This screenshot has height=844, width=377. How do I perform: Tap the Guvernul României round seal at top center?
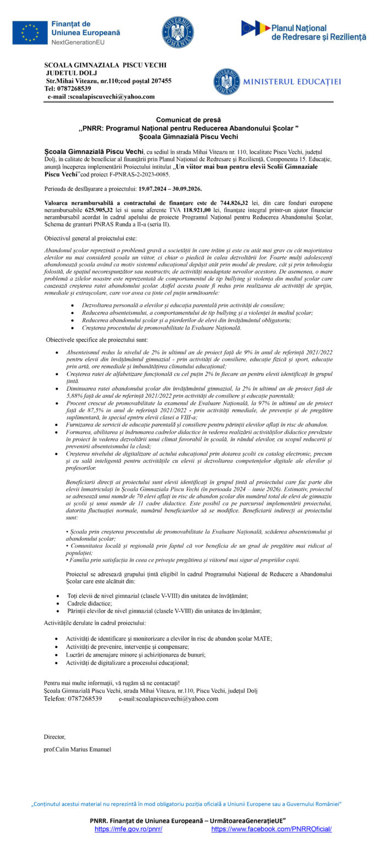(x=178, y=32)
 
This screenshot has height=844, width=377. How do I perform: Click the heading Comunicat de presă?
(x=188, y=119)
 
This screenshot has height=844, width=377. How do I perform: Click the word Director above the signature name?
(x=54, y=737)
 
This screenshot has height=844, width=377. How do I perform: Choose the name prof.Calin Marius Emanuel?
(x=77, y=749)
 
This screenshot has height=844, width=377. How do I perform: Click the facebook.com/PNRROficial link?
(x=271, y=829)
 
